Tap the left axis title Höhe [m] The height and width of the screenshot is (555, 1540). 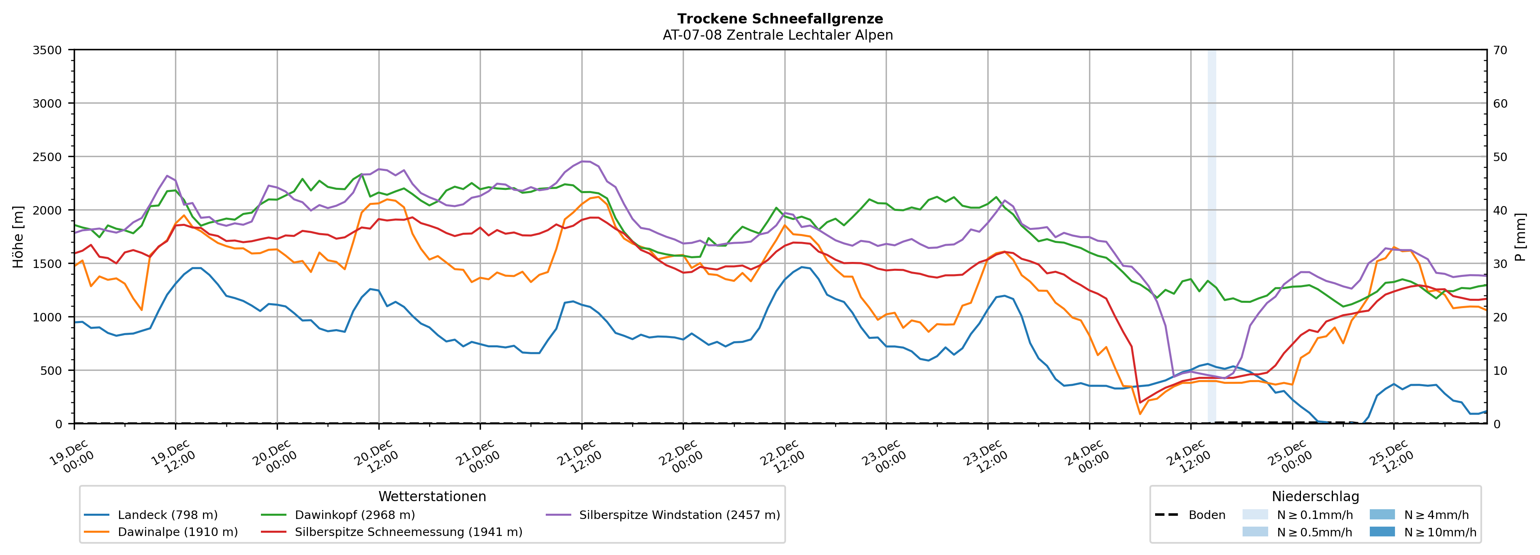pyautogui.click(x=18, y=236)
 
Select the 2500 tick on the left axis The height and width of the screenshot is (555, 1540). pyautogui.click(x=47, y=157)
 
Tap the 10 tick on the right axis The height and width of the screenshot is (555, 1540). pyautogui.click(x=1500, y=370)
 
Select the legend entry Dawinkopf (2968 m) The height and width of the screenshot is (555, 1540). pyautogui.click(x=355, y=515)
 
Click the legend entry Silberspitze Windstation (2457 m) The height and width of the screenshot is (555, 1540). pyautogui.click(x=679, y=515)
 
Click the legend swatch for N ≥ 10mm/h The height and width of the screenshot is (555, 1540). pyautogui.click(x=1382, y=532)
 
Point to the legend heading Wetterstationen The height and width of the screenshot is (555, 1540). pyautogui.click(x=432, y=496)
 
